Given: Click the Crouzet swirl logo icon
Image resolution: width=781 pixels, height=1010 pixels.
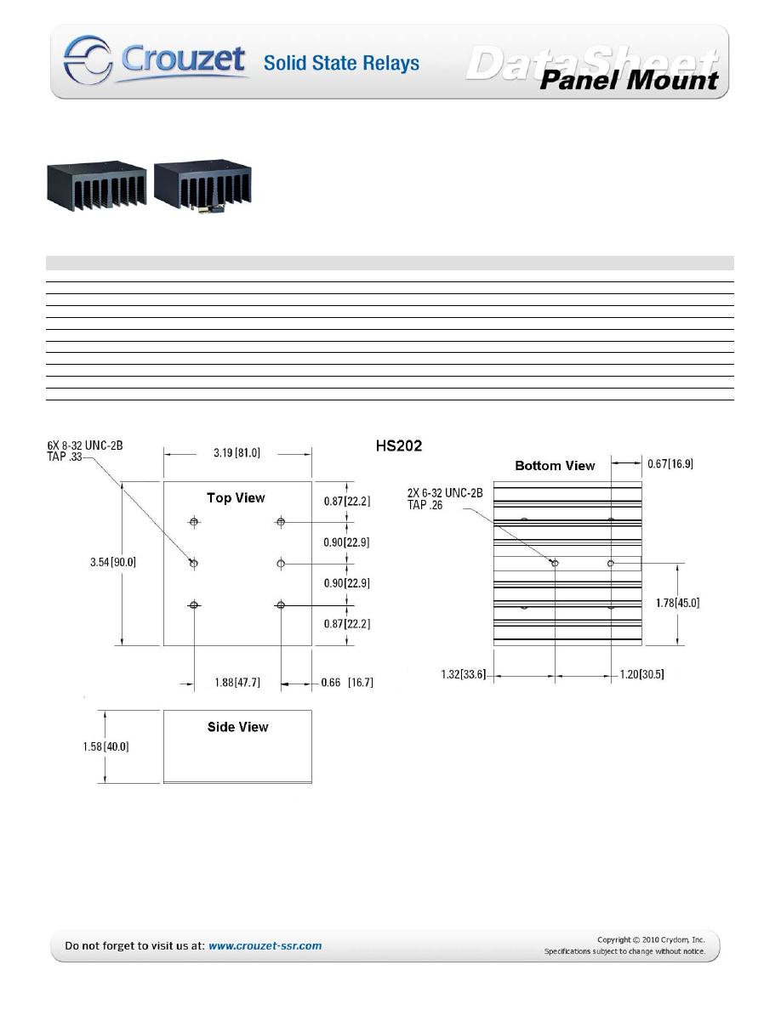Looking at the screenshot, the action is [88, 60].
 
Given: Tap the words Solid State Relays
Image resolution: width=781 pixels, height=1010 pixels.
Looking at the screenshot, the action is [341, 63].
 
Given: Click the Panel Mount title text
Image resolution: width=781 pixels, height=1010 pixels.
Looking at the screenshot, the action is [629, 80].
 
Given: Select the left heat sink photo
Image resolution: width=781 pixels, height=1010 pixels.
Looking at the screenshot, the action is [97, 186].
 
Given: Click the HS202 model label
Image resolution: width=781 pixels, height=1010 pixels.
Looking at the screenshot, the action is [399, 445].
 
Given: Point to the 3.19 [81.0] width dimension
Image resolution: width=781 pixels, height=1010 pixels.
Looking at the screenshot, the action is [237, 453].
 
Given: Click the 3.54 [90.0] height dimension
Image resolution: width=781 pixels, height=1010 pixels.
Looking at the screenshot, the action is [113, 562].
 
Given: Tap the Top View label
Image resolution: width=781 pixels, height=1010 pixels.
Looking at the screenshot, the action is [236, 498].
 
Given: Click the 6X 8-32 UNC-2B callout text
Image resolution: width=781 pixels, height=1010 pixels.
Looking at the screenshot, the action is [85, 445].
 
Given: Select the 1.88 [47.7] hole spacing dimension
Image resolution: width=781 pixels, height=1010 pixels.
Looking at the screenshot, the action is [237, 682].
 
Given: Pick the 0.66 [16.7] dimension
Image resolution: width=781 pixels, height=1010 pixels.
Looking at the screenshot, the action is [347, 682].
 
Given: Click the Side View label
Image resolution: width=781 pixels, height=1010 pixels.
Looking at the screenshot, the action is [237, 727].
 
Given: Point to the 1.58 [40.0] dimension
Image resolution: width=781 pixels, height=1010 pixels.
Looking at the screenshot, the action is [105, 746].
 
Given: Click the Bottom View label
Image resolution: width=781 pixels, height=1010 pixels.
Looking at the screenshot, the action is [555, 466].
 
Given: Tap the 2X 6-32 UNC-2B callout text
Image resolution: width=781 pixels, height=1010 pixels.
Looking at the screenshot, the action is [445, 493].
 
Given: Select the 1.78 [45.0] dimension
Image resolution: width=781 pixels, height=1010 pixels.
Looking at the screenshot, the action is [678, 603].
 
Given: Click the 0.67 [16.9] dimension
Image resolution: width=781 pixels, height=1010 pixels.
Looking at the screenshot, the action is [670, 464].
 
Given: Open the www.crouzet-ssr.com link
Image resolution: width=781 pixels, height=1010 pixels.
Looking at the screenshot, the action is [265, 945].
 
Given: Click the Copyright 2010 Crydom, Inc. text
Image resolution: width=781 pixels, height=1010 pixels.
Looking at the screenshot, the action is [651, 939].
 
